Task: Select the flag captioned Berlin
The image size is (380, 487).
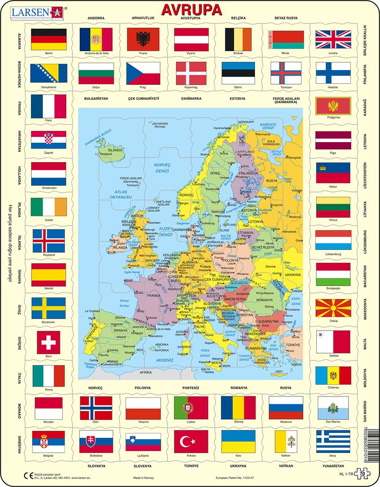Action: click(x=49, y=39)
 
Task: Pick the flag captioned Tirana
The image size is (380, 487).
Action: click(x=143, y=39)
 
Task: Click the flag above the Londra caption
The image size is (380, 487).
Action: click(x=333, y=39)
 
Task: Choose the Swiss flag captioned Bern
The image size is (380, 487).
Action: click(x=49, y=342)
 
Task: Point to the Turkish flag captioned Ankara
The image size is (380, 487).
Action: click(x=191, y=441)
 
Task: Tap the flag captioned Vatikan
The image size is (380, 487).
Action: click(x=286, y=441)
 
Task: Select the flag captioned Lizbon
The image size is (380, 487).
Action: click(x=191, y=407)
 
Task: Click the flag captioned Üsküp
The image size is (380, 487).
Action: click(x=333, y=308)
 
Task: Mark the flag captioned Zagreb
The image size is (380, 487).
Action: click(x=49, y=140)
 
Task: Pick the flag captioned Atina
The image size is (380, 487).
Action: click(x=333, y=441)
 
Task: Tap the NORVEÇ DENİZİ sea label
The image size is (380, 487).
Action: click(x=163, y=168)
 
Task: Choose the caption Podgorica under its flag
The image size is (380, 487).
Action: click(x=333, y=117)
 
